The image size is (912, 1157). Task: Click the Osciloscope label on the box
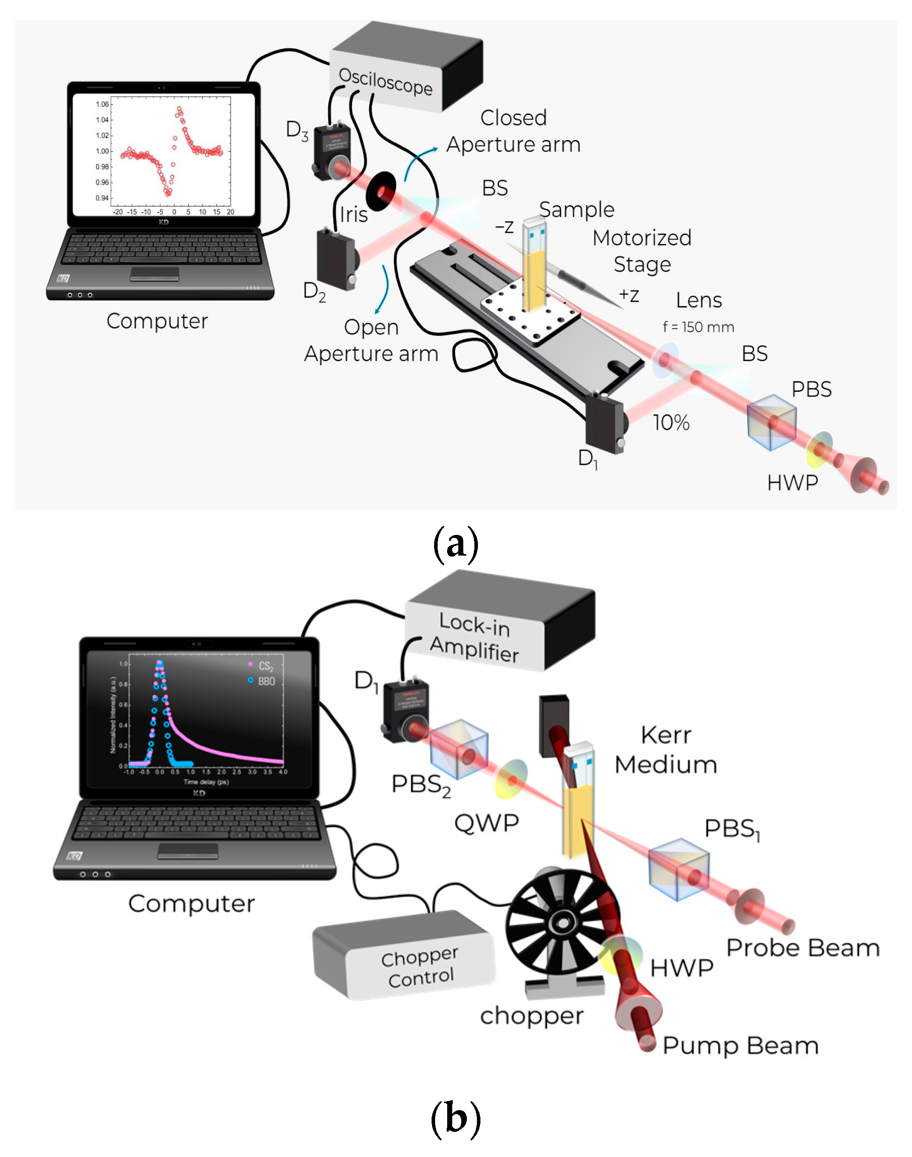coord(386,82)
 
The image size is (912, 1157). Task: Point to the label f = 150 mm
coord(698,327)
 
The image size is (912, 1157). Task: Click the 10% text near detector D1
coord(671,423)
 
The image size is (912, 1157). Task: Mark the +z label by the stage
coord(628,295)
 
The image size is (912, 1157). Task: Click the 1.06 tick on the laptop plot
coord(102,104)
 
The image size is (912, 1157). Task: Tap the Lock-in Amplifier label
coord(474,637)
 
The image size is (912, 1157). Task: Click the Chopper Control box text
coord(419,968)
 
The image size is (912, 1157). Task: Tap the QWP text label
coord(486,823)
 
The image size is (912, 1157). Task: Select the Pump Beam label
coord(740,1045)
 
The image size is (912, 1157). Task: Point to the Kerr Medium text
coord(665,750)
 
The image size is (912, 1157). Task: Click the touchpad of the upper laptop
coord(154,274)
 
